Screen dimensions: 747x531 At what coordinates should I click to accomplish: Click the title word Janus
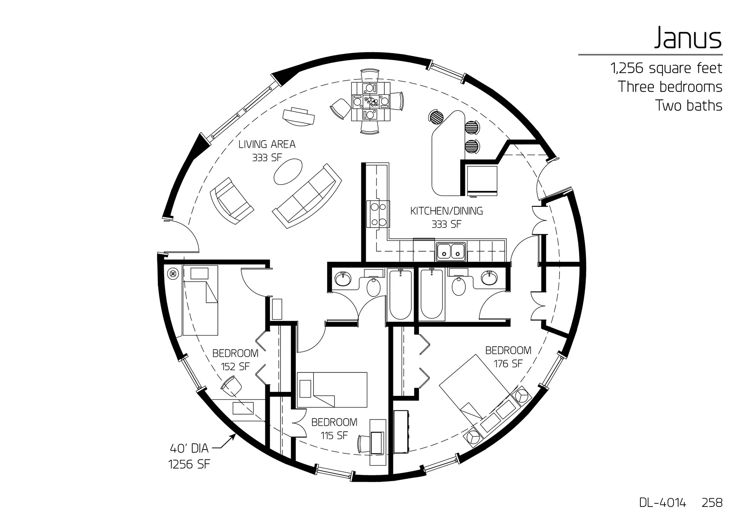point(687,38)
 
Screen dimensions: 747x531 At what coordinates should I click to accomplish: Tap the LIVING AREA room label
point(267,145)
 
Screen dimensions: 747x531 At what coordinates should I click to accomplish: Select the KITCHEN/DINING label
point(447,211)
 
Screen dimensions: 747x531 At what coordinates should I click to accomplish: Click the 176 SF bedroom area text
point(508,364)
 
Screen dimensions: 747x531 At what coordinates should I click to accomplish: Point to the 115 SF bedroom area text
point(334,436)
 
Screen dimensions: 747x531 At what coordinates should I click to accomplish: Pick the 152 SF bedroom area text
point(235,367)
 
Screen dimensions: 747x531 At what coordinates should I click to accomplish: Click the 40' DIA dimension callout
point(189,448)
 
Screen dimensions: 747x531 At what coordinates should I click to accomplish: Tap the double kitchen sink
point(451,251)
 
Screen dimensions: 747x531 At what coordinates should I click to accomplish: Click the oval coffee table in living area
point(288,171)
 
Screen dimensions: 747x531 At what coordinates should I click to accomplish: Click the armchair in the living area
point(231,200)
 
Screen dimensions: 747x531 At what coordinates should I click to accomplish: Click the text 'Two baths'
point(689,106)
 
